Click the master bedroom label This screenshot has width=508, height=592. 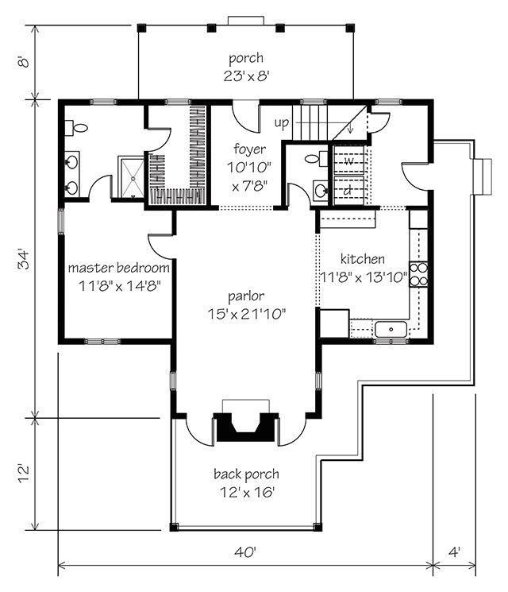118,268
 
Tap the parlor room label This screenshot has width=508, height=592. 246,296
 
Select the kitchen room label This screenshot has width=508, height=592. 363,259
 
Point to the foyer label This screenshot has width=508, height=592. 249,149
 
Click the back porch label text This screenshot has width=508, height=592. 246,474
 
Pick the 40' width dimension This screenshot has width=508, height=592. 245,552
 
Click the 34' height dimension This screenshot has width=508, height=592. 24,259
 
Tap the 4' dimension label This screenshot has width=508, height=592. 455,552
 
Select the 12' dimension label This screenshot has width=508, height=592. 24,474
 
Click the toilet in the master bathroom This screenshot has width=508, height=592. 76,128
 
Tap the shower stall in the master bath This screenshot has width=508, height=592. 131,176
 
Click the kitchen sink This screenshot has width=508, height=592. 391,330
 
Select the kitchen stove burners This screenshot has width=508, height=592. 418,274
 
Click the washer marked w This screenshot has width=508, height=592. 348,161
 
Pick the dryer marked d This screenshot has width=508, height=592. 348,191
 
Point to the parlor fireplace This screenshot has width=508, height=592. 246,427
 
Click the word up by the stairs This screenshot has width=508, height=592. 281,122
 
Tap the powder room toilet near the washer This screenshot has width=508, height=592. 316,159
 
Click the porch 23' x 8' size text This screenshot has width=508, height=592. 246,76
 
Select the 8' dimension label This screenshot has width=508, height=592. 24,61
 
